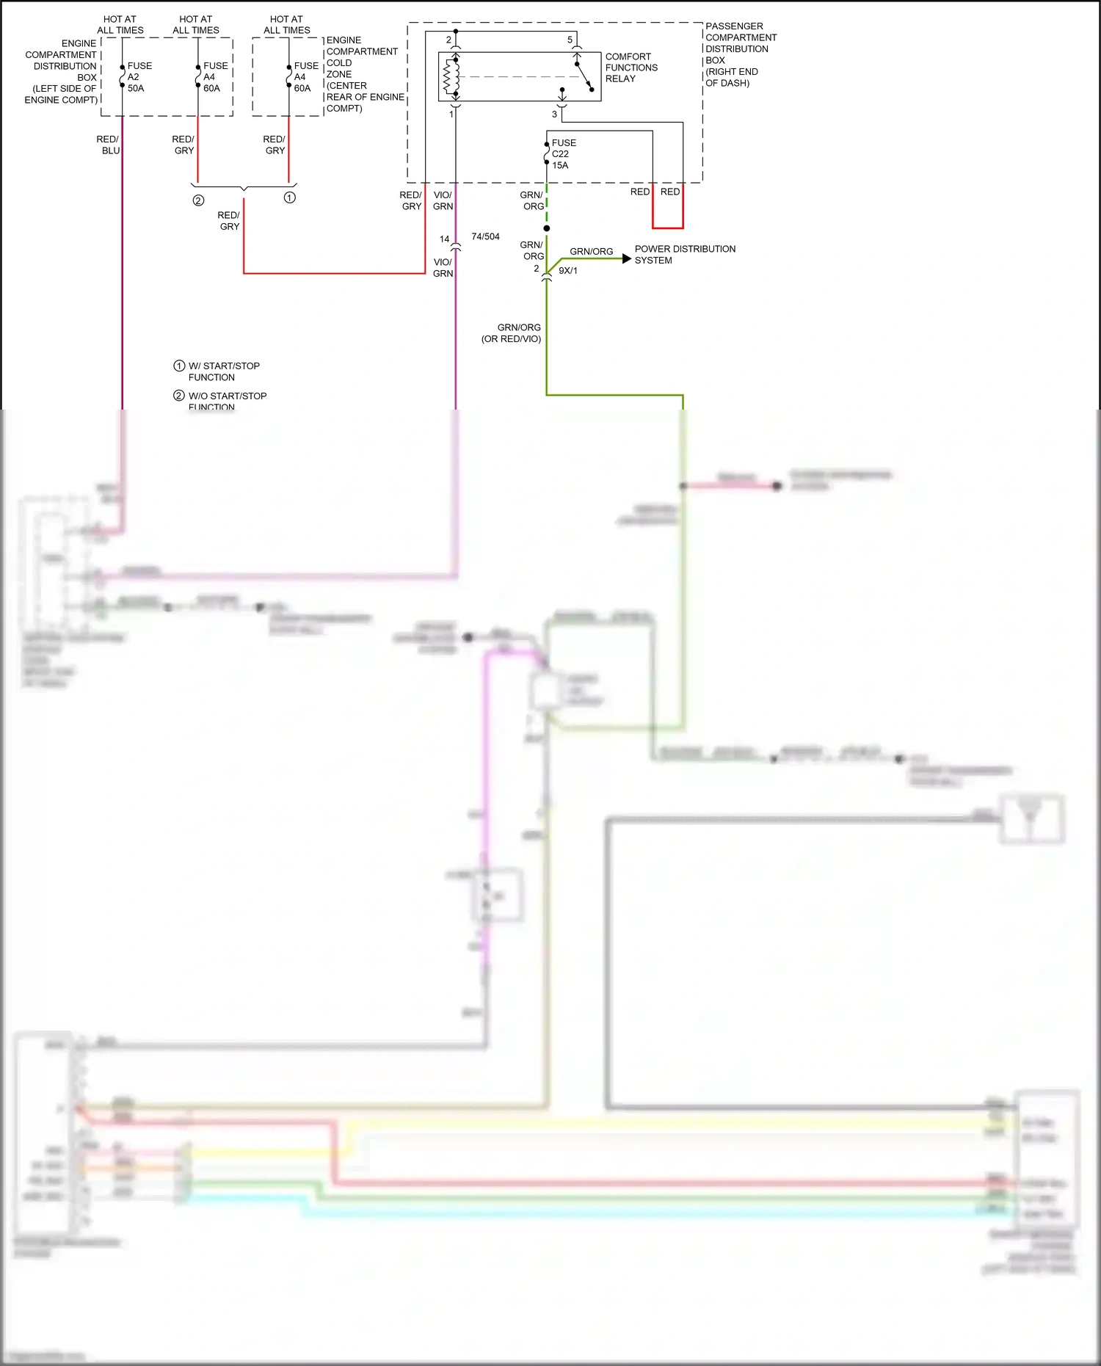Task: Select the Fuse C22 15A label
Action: [x=563, y=154]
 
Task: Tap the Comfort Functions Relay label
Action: [x=631, y=68]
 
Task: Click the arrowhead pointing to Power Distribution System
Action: [x=626, y=258]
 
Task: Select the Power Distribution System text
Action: [x=684, y=255]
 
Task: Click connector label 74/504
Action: [x=485, y=236]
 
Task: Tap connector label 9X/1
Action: [x=568, y=271]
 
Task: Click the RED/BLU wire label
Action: [x=108, y=145]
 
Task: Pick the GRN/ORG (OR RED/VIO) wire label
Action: [x=512, y=333]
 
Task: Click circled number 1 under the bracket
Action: [x=290, y=197]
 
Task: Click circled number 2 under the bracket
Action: [x=198, y=200]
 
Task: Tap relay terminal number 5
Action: [x=570, y=40]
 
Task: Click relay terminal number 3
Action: [x=554, y=115]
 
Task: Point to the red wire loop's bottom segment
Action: [x=668, y=228]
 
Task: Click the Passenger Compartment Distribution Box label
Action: [x=740, y=54]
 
